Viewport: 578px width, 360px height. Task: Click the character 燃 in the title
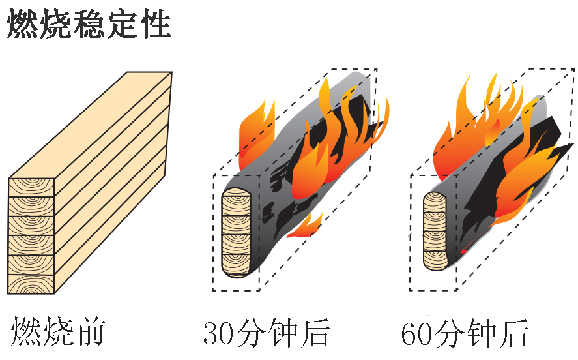[x=23, y=24]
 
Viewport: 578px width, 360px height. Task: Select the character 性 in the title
[x=155, y=24]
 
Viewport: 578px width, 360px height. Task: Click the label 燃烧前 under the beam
[x=58, y=332]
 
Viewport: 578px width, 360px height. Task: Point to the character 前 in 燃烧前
[x=91, y=332]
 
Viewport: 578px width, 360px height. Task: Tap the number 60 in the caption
[x=416, y=333]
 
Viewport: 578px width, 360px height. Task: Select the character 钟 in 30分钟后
[x=283, y=333]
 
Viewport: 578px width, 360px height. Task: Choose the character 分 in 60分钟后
[x=448, y=333]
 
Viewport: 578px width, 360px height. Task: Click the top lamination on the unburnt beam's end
[x=31, y=187]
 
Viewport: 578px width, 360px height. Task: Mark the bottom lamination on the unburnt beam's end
[x=31, y=284]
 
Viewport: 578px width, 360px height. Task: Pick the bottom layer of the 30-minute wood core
[x=236, y=265]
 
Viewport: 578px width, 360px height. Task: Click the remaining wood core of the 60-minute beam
[x=435, y=231]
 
